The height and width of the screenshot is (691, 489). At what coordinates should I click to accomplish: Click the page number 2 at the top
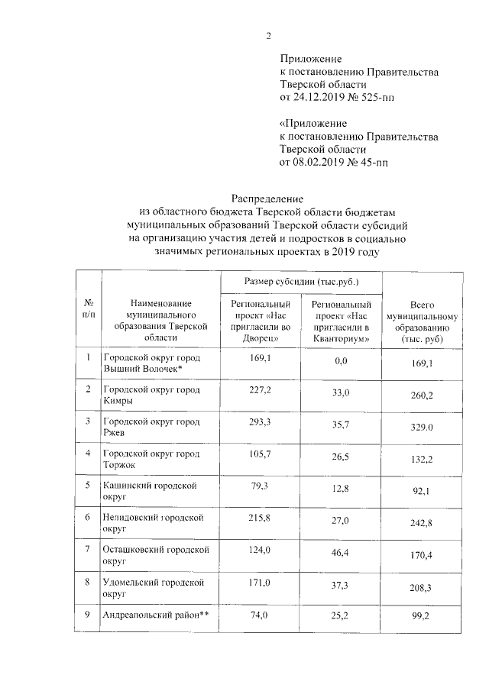[x=269, y=36]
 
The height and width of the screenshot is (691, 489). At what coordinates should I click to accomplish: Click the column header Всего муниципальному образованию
[x=422, y=321]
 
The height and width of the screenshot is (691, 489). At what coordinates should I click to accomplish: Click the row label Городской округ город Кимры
[x=151, y=395]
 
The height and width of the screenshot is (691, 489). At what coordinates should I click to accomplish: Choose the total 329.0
[x=423, y=428]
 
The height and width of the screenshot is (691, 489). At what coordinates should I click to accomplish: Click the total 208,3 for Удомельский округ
[x=423, y=589]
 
